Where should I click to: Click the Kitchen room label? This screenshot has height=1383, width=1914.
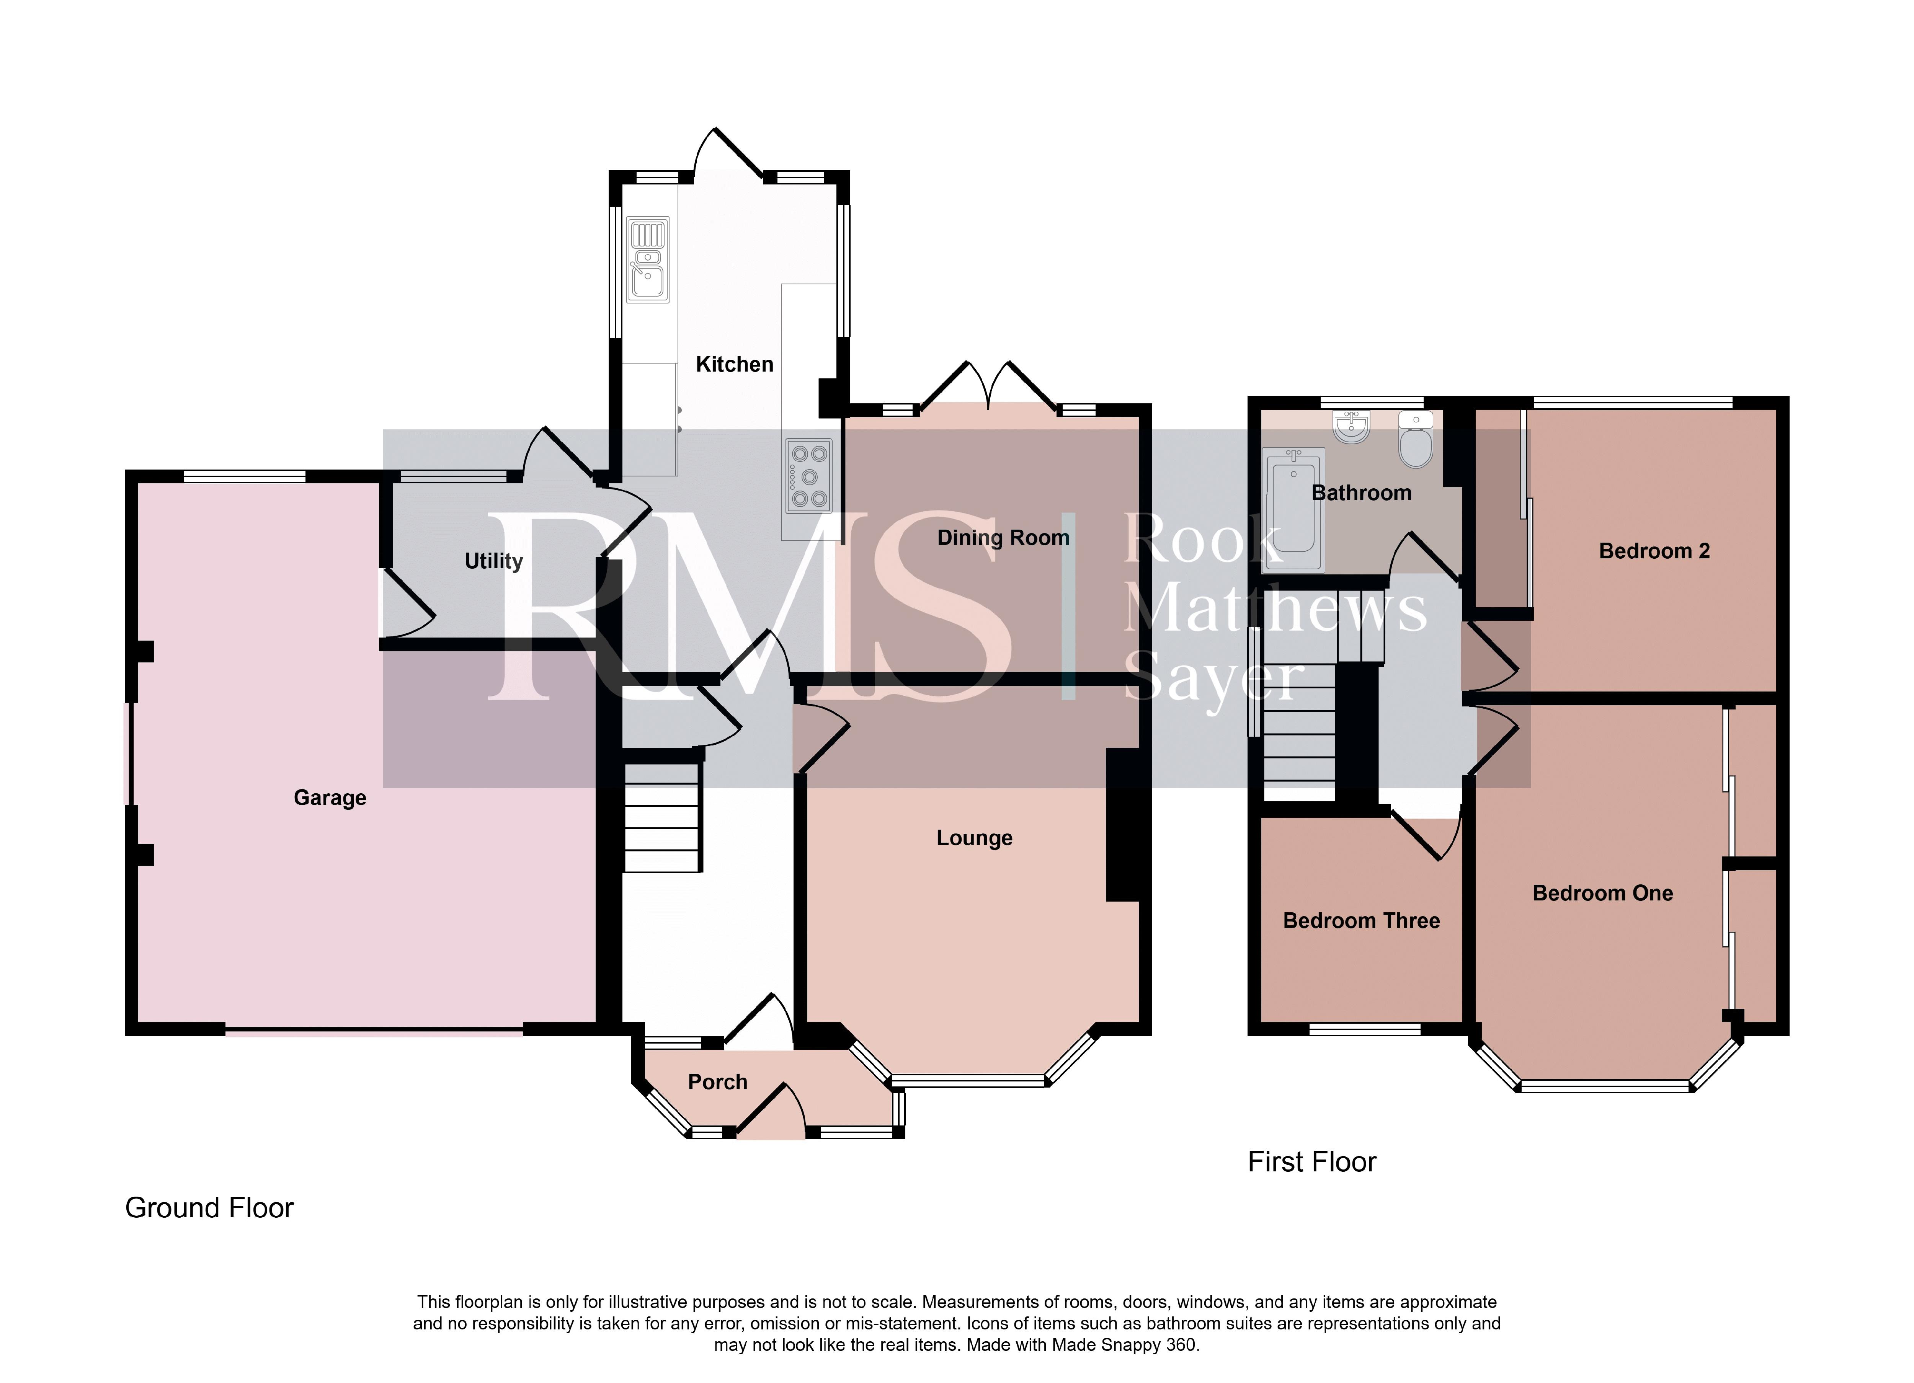(x=734, y=365)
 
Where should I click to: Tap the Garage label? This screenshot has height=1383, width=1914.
(x=330, y=798)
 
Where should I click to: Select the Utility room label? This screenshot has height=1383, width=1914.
(x=494, y=561)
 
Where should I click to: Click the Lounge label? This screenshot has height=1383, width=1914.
(x=975, y=838)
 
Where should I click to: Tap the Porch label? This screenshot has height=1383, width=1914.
(x=717, y=1082)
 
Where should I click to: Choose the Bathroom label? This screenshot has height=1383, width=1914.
(x=1361, y=493)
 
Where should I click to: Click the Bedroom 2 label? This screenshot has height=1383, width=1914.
(x=1654, y=551)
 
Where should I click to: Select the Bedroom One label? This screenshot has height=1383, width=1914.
(x=1603, y=893)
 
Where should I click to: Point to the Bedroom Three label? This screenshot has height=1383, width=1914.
(x=1361, y=921)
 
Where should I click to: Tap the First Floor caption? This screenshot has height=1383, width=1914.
(x=1311, y=1162)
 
